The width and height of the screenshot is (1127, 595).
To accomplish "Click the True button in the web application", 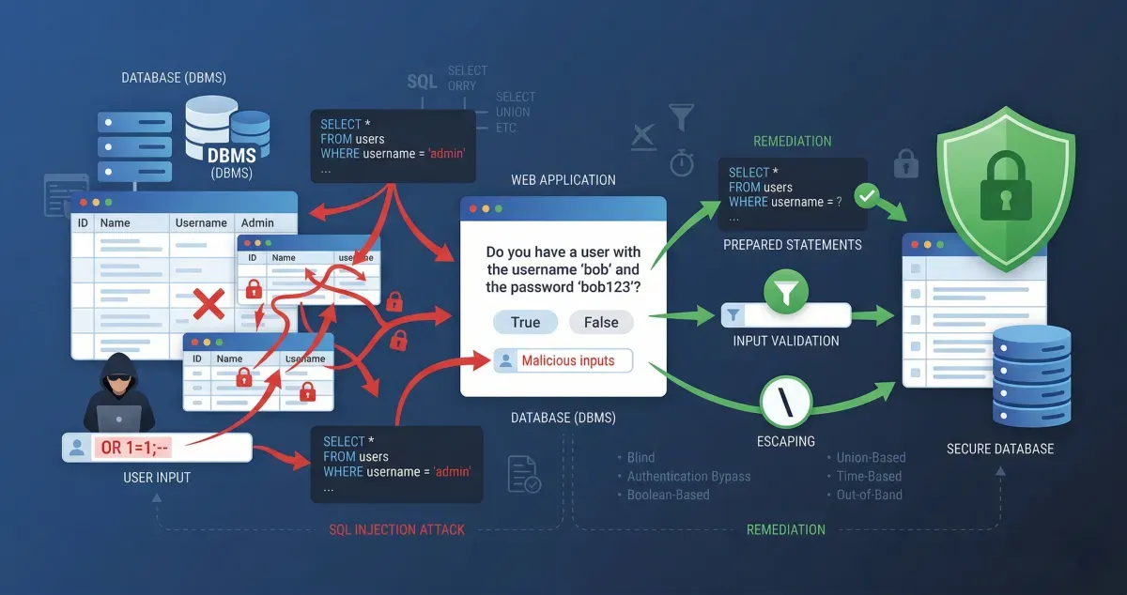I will point(525,322).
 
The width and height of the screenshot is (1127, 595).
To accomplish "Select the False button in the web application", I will point(601,322).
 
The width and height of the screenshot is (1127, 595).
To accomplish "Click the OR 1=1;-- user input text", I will point(136,448).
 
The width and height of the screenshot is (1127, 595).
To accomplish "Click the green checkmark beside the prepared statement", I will point(868,197).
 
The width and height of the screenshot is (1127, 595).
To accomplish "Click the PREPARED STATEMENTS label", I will point(793,245).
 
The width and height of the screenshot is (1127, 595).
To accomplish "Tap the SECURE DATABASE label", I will point(1000,449).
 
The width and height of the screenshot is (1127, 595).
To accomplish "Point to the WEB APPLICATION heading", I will point(563,179).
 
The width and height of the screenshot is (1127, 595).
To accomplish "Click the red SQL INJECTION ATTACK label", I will point(396,529).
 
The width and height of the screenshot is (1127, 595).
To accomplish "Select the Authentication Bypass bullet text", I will point(688,476).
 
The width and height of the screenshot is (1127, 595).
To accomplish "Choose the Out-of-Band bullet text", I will point(871,495).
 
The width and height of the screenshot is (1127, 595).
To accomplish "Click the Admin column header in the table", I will point(257,222).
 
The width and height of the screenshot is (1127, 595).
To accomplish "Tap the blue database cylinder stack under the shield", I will point(1031,375).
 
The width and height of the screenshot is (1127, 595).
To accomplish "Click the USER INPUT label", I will point(157,478).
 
